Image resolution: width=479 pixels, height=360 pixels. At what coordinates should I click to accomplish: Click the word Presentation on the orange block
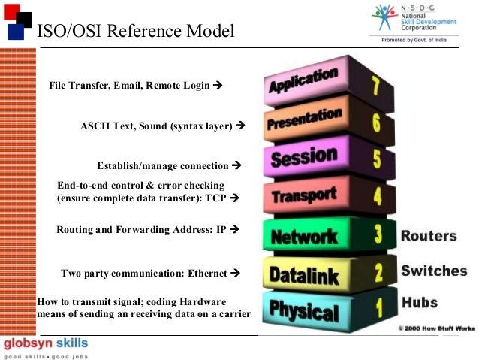(x=303, y=121)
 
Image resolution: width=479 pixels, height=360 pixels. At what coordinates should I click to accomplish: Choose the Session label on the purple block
(x=303, y=158)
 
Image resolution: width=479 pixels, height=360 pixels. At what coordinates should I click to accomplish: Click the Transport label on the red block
(x=303, y=197)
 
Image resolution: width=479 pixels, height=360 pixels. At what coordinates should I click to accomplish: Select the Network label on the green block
(x=303, y=237)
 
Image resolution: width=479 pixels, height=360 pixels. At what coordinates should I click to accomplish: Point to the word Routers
(x=428, y=236)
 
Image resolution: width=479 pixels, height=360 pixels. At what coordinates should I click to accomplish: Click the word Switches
(x=434, y=271)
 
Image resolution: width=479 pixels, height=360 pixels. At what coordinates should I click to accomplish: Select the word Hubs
(x=420, y=304)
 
